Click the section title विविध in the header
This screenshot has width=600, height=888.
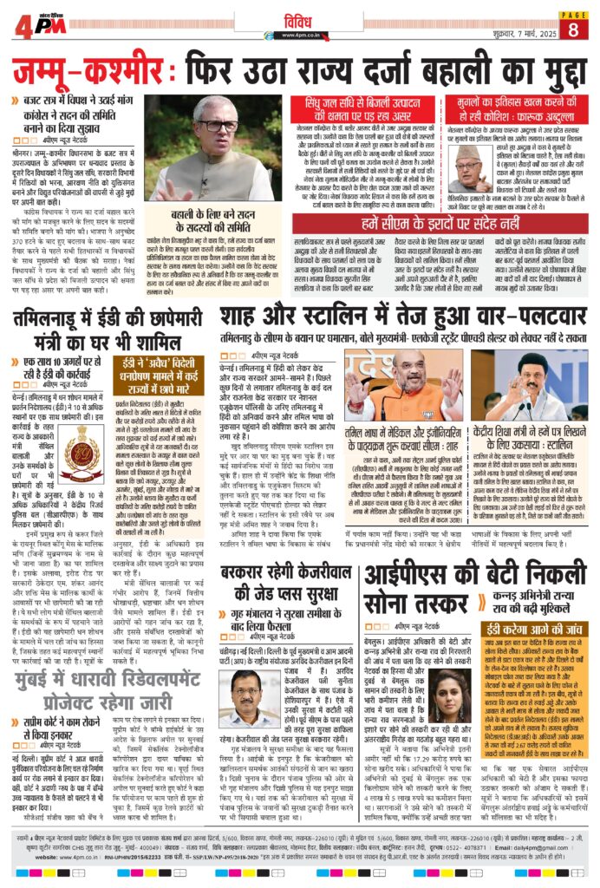coord(300,18)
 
